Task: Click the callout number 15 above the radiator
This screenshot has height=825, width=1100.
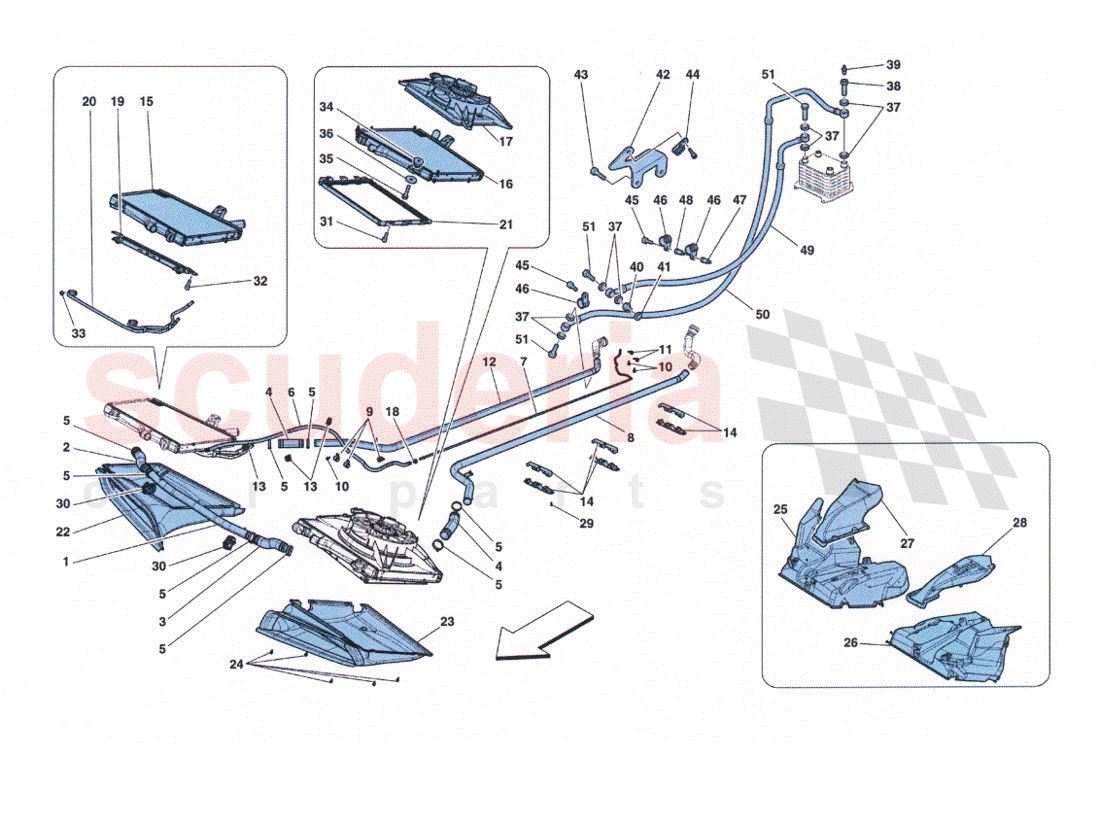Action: coord(147,102)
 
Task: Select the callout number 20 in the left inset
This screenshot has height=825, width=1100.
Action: coord(89,102)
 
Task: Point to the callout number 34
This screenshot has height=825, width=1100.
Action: coord(326,108)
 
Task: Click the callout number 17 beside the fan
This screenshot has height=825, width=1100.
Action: coord(507,142)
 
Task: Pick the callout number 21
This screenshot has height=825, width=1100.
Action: coord(506,225)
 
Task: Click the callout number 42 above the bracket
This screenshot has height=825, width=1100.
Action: coord(663,75)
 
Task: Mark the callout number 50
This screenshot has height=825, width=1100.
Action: coord(763,315)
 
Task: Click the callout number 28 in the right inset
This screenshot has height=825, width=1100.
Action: coord(1019,522)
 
